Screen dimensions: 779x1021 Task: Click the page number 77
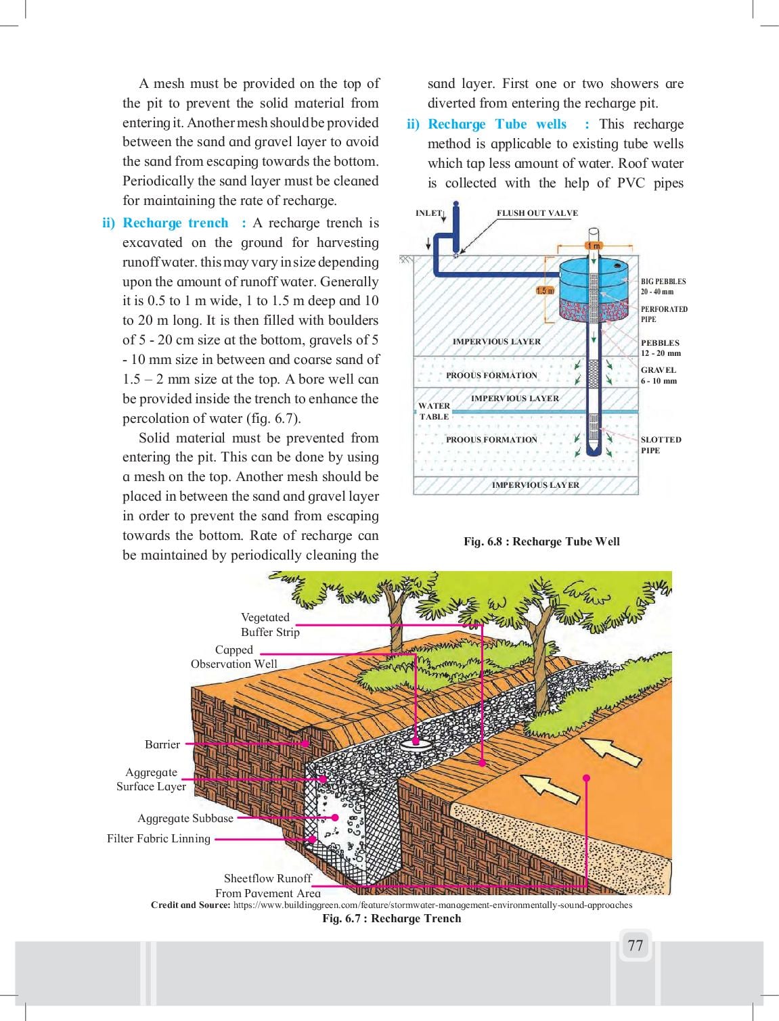[635, 945]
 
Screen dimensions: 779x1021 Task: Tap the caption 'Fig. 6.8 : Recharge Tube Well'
[541, 541]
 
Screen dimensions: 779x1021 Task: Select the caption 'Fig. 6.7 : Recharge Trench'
[392, 918]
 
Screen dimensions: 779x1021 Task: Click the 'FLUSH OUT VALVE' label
[537, 213]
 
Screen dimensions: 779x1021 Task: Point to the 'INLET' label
[428, 213]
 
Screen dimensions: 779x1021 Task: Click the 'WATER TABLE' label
[434, 411]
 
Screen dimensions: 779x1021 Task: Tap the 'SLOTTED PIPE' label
[661, 445]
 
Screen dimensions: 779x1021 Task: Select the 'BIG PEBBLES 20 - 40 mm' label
[663, 286]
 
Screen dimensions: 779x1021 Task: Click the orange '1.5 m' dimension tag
[545, 291]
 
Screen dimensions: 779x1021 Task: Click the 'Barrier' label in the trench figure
[162, 744]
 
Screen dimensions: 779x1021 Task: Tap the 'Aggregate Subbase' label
[185, 818]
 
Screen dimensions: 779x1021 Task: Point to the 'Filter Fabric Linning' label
[158, 839]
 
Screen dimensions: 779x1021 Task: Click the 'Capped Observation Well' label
[234, 656]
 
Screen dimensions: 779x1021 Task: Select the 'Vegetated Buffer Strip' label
[270, 625]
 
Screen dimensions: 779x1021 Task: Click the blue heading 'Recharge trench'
[175, 223]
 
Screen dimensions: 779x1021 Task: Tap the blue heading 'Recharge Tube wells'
[497, 124]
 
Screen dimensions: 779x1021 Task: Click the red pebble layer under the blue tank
[594, 311]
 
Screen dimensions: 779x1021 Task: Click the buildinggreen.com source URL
[432, 905]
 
